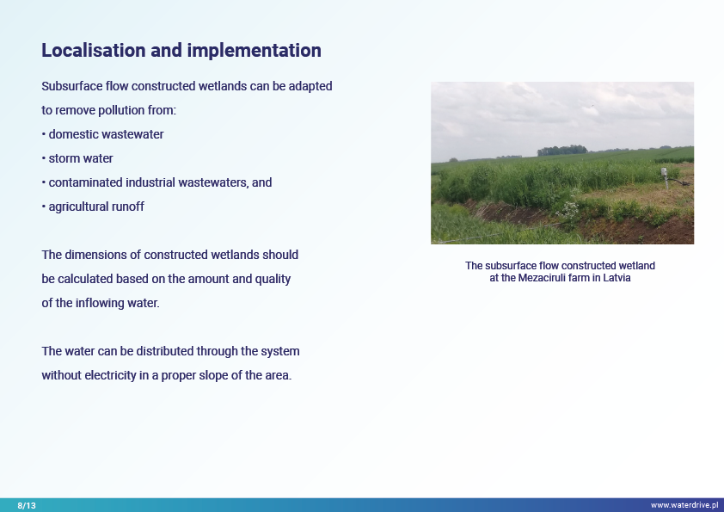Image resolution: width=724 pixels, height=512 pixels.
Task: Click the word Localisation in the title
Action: point(94,51)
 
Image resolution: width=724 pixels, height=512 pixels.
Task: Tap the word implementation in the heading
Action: point(254,51)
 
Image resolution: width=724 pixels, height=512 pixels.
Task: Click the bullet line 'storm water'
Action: point(77,158)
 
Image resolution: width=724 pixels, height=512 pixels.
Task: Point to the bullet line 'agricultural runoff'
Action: point(93,207)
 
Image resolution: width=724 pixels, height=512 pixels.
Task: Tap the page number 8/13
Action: point(27,505)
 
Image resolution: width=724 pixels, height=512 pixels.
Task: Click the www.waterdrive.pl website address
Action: point(684,505)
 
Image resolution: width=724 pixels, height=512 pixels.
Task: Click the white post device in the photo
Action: point(665,177)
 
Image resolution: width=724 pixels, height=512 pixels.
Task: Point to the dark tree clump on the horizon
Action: point(562,151)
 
